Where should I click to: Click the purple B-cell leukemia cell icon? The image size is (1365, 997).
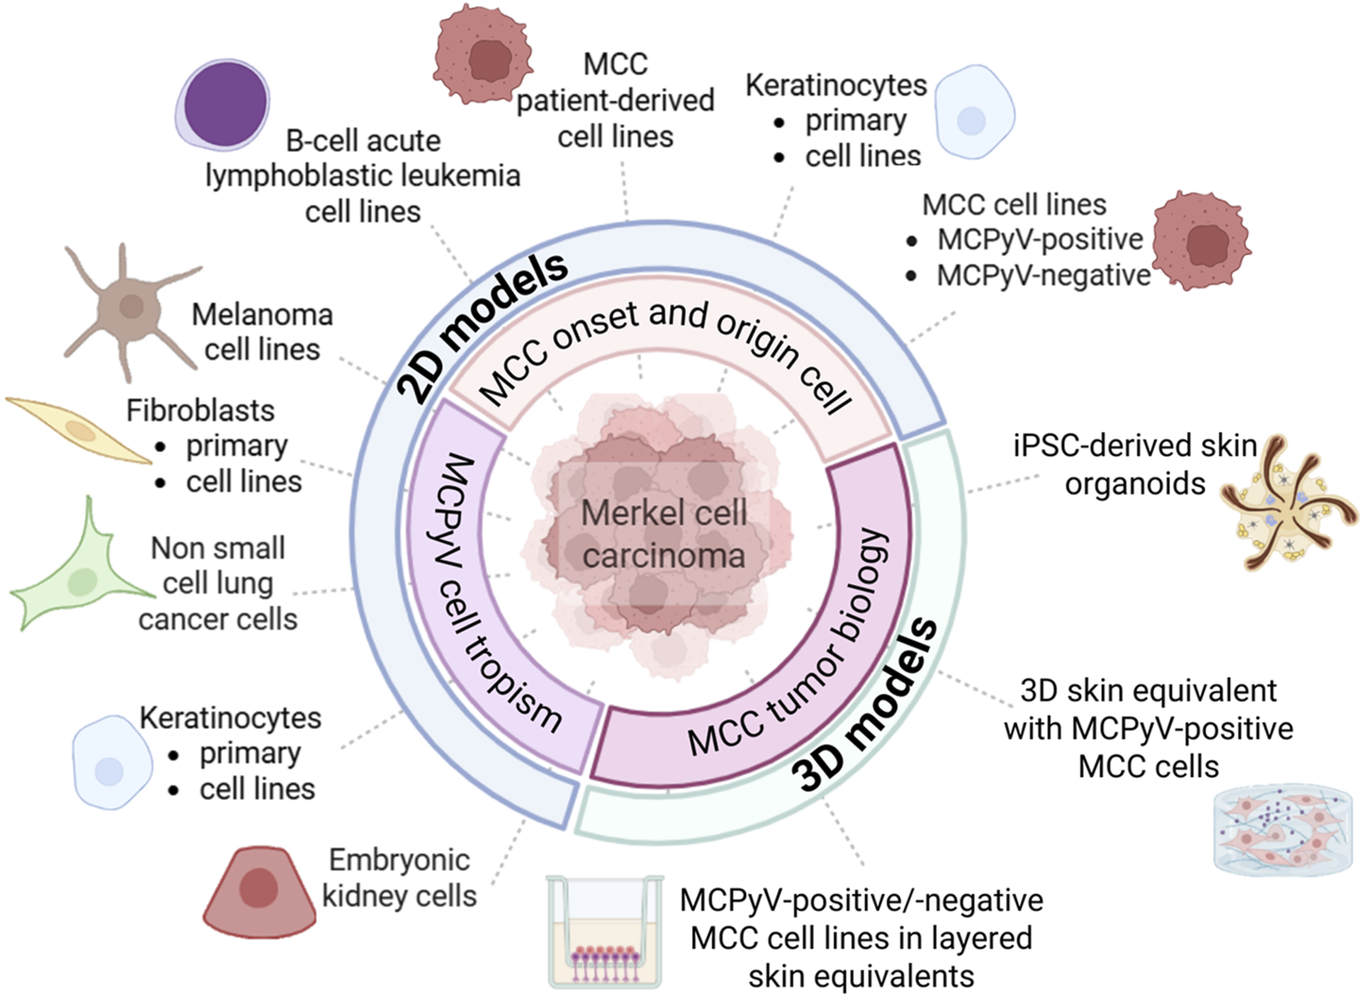point(223,104)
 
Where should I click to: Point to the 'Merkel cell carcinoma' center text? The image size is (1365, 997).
point(664,534)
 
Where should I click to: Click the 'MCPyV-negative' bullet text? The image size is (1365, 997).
point(1043,276)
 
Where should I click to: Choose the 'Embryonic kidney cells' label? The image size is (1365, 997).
point(398,878)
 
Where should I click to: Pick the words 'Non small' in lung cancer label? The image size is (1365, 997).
point(217,549)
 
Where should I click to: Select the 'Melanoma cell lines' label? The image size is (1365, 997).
point(261,332)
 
